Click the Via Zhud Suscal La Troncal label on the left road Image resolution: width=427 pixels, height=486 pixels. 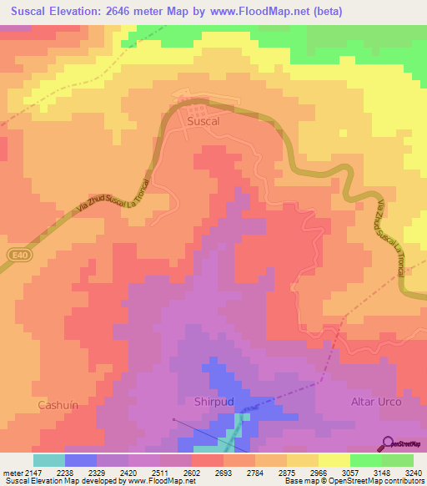[113, 197]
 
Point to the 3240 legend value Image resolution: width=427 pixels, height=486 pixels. [411, 472]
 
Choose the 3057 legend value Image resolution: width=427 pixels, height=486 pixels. [349, 472]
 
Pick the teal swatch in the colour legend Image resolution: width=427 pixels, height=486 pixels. [48, 460]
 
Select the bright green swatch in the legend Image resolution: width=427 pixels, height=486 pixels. [365, 460]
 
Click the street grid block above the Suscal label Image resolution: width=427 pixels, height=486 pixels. [197, 106]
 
